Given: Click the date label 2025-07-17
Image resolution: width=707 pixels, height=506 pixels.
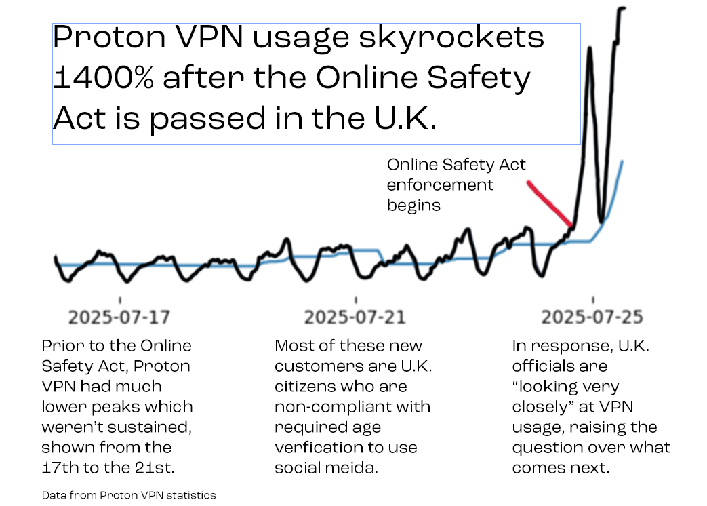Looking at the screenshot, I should [x=119, y=317].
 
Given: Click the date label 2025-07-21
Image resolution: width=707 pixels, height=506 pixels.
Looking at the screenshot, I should [x=355, y=317].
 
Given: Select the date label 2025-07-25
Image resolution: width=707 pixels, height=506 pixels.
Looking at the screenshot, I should [x=592, y=317].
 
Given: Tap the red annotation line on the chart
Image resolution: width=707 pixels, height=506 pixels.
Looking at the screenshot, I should [x=550, y=203].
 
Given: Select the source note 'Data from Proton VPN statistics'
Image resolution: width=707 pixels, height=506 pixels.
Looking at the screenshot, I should [x=129, y=494].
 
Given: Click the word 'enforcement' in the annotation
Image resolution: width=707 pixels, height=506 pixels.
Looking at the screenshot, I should [x=441, y=184].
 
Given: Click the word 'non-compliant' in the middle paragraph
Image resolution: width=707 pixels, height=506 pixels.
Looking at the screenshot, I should [x=318, y=407].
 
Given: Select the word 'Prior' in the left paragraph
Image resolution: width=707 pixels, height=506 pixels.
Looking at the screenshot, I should [x=61, y=346].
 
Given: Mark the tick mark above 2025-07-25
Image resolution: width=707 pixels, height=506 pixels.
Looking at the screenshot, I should [x=593, y=299].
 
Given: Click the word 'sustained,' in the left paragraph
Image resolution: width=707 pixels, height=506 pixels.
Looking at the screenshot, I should [x=150, y=427].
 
